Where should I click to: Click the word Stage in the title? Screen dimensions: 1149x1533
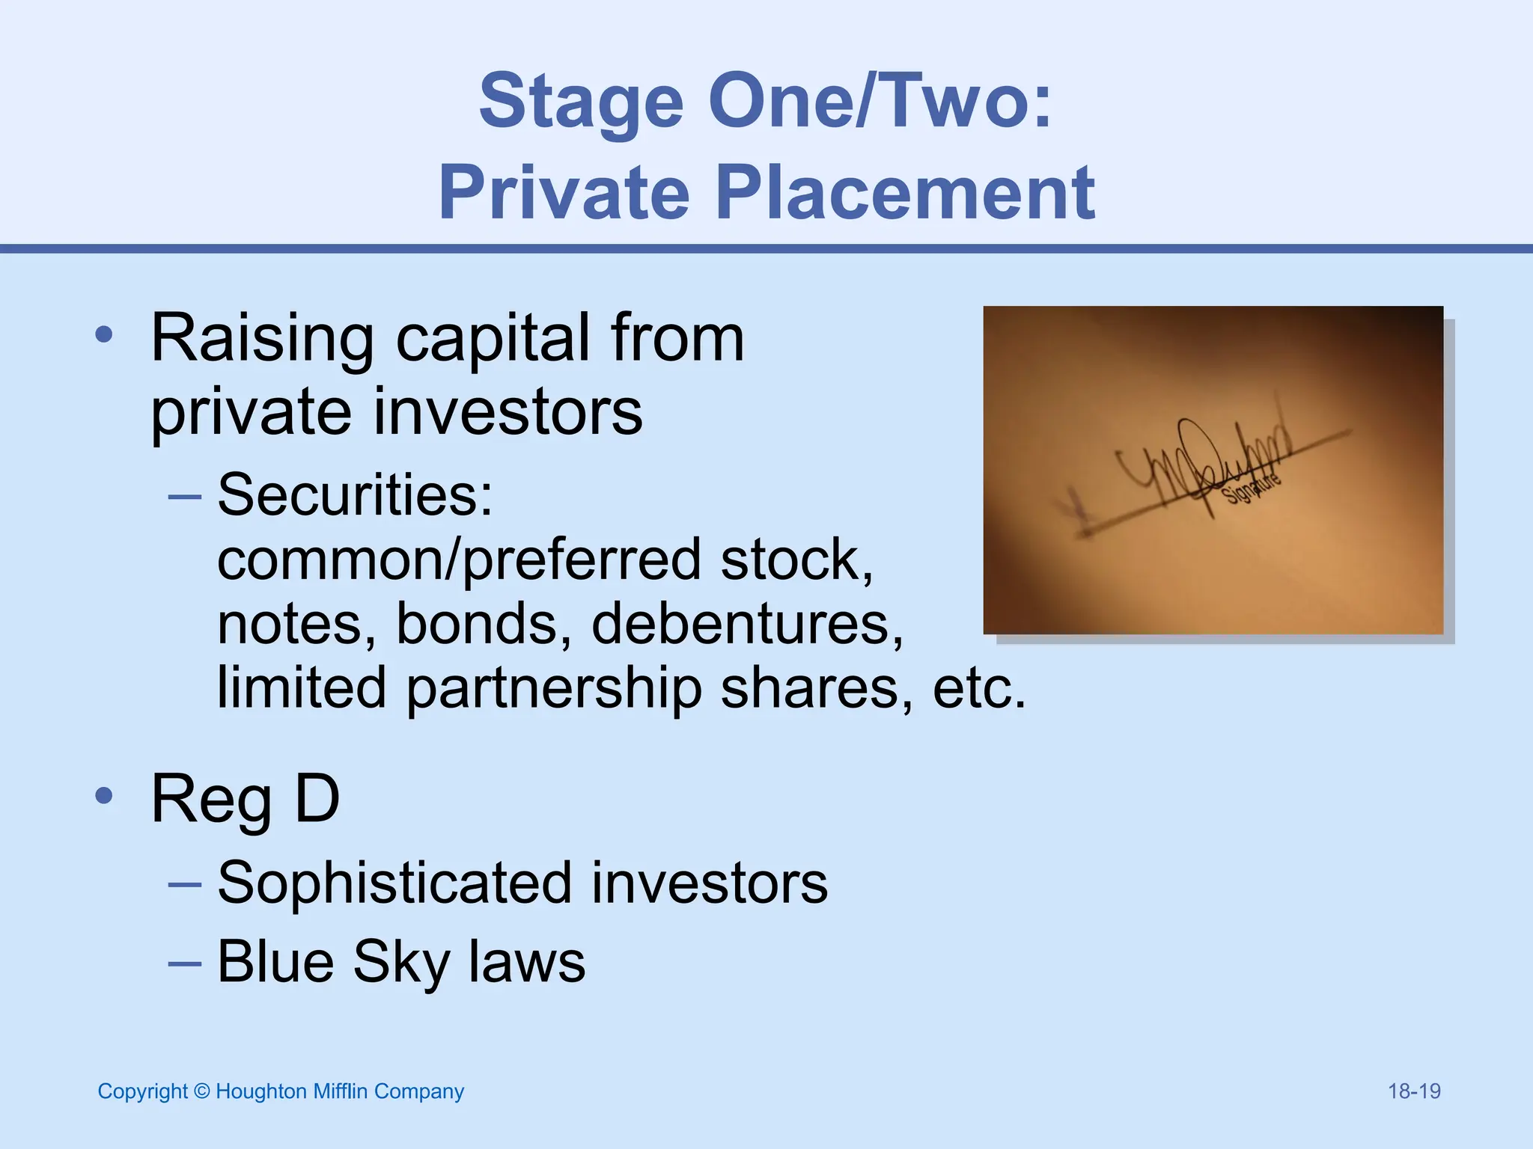(581, 102)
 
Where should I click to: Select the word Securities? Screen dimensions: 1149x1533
(355, 494)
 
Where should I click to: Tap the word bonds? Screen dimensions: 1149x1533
(484, 623)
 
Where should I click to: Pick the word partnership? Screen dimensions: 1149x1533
(554, 687)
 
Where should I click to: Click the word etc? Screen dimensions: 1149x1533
(979, 687)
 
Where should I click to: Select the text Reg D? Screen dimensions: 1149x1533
(246, 799)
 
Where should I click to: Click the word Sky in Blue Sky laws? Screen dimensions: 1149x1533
(400, 962)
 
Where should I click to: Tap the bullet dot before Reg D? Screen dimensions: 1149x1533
(104, 796)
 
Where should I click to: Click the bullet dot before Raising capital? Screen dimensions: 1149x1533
(104, 335)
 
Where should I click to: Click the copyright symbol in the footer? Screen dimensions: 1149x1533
(201, 1091)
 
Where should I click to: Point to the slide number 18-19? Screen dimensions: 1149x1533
(1414, 1091)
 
